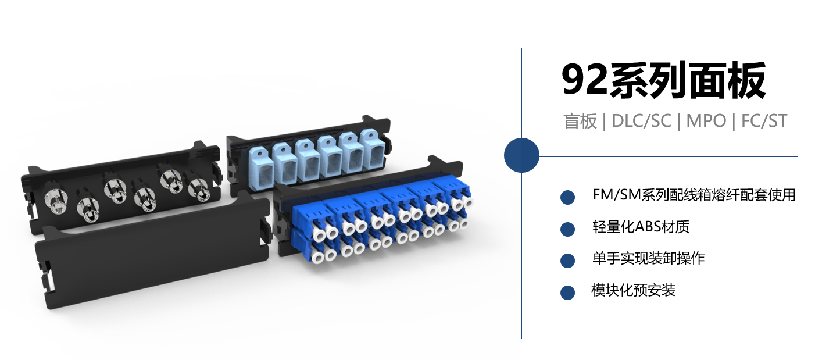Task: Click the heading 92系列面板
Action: click(x=664, y=80)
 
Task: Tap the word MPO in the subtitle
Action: click(x=706, y=121)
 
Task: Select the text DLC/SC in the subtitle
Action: click(x=641, y=121)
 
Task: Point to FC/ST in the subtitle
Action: click(x=764, y=121)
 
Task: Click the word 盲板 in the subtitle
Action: click(x=580, y=121)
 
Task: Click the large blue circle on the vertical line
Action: click(x=521, y=155)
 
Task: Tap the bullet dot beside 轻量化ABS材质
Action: click(x=567, y=229)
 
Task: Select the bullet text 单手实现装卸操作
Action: click(x=648, y=258)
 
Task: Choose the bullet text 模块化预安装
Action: click(x=634, y=290)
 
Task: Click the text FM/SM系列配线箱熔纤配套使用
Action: click(x=694, y=195)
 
